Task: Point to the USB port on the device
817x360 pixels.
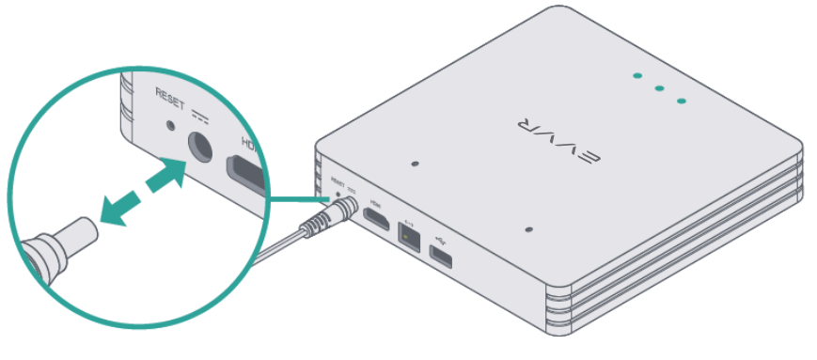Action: click(x=439, y=252)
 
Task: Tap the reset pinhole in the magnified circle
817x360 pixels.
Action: click(x=170, y=123)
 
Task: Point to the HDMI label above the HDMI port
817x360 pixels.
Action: click(x=375, y=201)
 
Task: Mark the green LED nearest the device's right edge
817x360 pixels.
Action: click(x=681, y=100)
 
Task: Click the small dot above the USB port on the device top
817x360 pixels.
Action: click(x=529, y=228)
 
